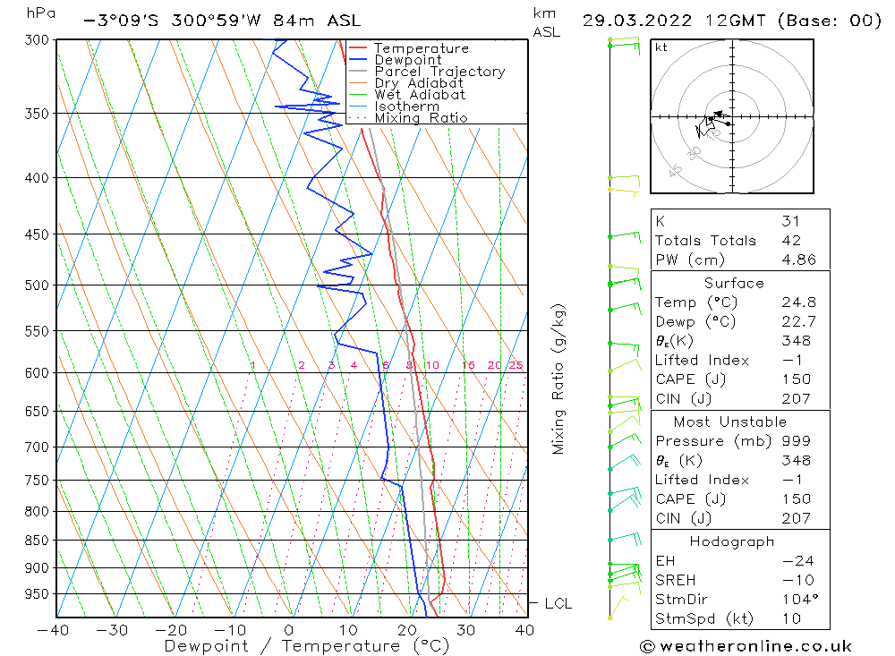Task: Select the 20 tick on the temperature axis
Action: (x=406, y=630)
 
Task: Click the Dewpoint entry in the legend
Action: (x=407, y=60)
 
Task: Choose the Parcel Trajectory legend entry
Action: (x=439, y=72)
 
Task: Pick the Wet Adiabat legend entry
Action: (x=420, y=95)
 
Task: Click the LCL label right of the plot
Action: (x=558, y=604)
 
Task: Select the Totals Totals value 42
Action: (x=791, y=240)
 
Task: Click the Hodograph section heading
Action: (x=732, y=541)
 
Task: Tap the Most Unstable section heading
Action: (x=729, y=422)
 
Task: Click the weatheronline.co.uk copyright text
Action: (x=745, y=646)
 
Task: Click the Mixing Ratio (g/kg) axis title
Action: (x=559, y=379)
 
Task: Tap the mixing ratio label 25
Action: (x=516, y=365)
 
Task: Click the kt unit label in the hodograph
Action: (x=661, y=47)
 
